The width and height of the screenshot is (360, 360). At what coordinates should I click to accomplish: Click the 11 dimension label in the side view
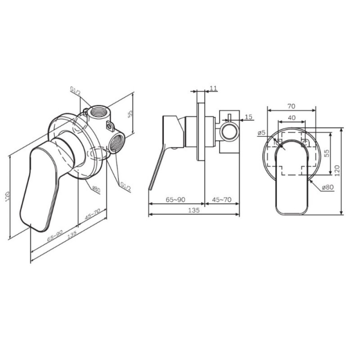[213, 88]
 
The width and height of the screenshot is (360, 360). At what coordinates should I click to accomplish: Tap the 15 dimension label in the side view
[248, 117]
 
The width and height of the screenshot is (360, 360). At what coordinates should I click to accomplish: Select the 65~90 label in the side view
[176, 200]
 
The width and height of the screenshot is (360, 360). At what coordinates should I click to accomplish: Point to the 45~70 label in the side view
[222, 200]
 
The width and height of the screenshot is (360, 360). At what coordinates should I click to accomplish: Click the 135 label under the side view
[194, 210]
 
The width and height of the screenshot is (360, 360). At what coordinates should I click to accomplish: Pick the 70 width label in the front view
[291, 106]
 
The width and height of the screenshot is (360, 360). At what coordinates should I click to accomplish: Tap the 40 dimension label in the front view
[292, 118]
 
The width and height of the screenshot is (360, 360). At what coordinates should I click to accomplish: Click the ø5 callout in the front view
[262, 132]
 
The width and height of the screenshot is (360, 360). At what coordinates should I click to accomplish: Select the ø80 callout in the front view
[328, 187]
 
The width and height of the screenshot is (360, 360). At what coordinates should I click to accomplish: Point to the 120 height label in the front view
[337, 170]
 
